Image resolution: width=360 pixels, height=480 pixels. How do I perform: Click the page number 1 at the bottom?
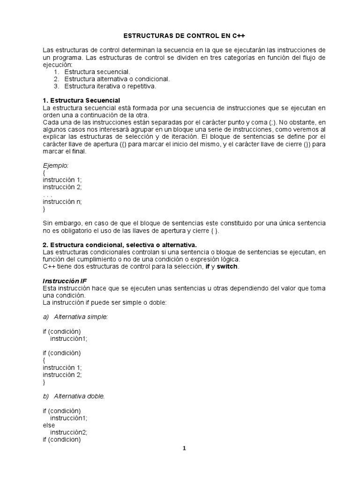(184, 448)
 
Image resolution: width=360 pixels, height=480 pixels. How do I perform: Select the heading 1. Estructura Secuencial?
(82, 101)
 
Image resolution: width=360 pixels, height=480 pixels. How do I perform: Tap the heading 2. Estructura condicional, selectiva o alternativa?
(120, 245)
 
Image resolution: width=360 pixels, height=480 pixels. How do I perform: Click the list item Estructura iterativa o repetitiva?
(110, 86)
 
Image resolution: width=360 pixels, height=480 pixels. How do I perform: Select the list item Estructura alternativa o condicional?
(117, 79)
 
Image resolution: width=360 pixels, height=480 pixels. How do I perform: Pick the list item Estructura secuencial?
(97, 72)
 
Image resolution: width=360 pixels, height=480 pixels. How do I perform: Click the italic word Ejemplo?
(55, 165)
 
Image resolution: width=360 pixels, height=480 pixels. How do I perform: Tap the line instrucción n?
(62, 202)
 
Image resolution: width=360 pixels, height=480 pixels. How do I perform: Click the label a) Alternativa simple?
(75, 317)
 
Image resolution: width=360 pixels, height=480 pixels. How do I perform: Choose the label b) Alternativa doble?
(74, 396)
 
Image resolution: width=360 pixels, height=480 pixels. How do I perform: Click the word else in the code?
(49, 425)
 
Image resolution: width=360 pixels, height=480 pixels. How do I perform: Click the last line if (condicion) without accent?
(61, 440)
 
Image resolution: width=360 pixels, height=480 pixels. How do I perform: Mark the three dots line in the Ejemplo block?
(47, 195)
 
